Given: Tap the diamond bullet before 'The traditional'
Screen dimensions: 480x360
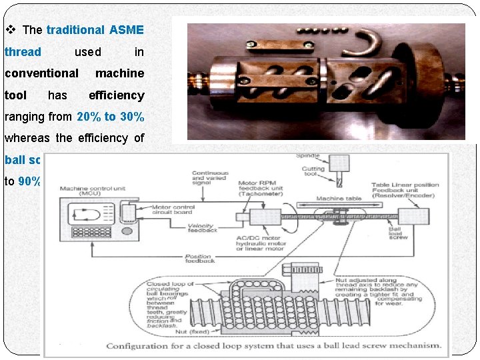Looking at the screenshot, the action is [10, 30].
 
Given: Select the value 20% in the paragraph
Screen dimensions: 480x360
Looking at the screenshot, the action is [89, 117].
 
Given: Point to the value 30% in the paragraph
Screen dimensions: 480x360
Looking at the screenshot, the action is [129, 117].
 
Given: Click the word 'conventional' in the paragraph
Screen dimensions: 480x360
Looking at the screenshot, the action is [41, 73].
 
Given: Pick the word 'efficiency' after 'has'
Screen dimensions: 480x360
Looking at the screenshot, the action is [116, 95].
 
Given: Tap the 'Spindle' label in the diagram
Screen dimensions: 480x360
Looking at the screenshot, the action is [309, 155].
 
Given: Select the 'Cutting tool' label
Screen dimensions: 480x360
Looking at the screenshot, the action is [313, 173].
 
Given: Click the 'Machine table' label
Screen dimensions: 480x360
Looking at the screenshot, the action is [339, 199].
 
